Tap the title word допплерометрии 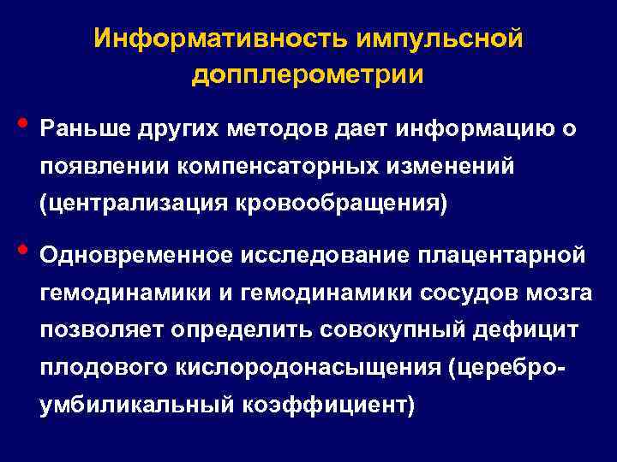[x=308, y=75]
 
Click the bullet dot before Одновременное [x=21, y=248]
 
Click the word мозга [x=557, y=293]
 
